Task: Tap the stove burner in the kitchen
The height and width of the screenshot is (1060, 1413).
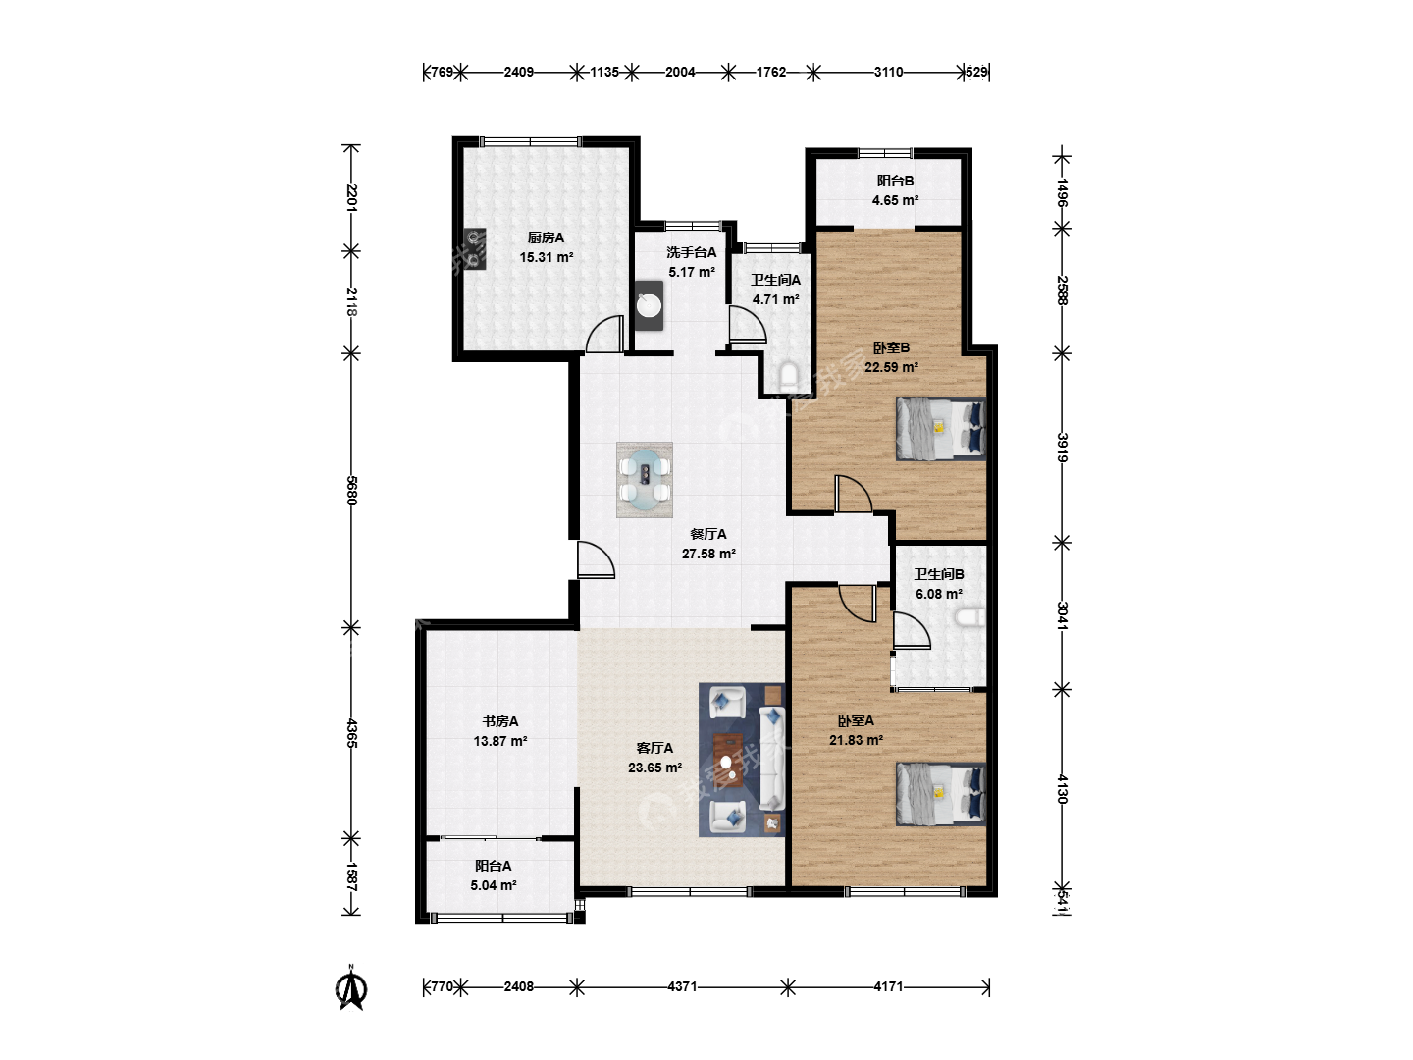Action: [475, 248]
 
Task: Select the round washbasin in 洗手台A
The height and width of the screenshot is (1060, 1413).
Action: [649, 305]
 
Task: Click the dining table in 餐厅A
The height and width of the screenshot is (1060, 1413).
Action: [645, 480]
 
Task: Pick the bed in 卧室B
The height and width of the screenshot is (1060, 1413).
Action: [940, 429]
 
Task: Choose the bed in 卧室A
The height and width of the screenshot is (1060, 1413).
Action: [940, 794]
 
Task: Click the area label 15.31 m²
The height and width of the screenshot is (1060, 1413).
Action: [546, 257]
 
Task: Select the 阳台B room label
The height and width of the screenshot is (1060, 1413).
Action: [895, 181]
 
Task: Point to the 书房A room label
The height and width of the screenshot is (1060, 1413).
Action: [500, 721]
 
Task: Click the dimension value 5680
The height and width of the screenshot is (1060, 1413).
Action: [351, 491]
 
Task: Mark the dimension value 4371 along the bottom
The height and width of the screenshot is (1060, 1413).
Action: [682, 986]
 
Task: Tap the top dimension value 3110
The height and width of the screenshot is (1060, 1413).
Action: [888, 72]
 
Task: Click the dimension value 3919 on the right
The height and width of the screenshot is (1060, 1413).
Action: [1062, 448]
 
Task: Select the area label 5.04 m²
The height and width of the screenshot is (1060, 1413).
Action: [494, 885]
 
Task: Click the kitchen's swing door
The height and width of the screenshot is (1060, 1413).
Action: [605, 334]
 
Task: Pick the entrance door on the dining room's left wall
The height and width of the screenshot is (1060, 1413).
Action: [596, 559]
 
